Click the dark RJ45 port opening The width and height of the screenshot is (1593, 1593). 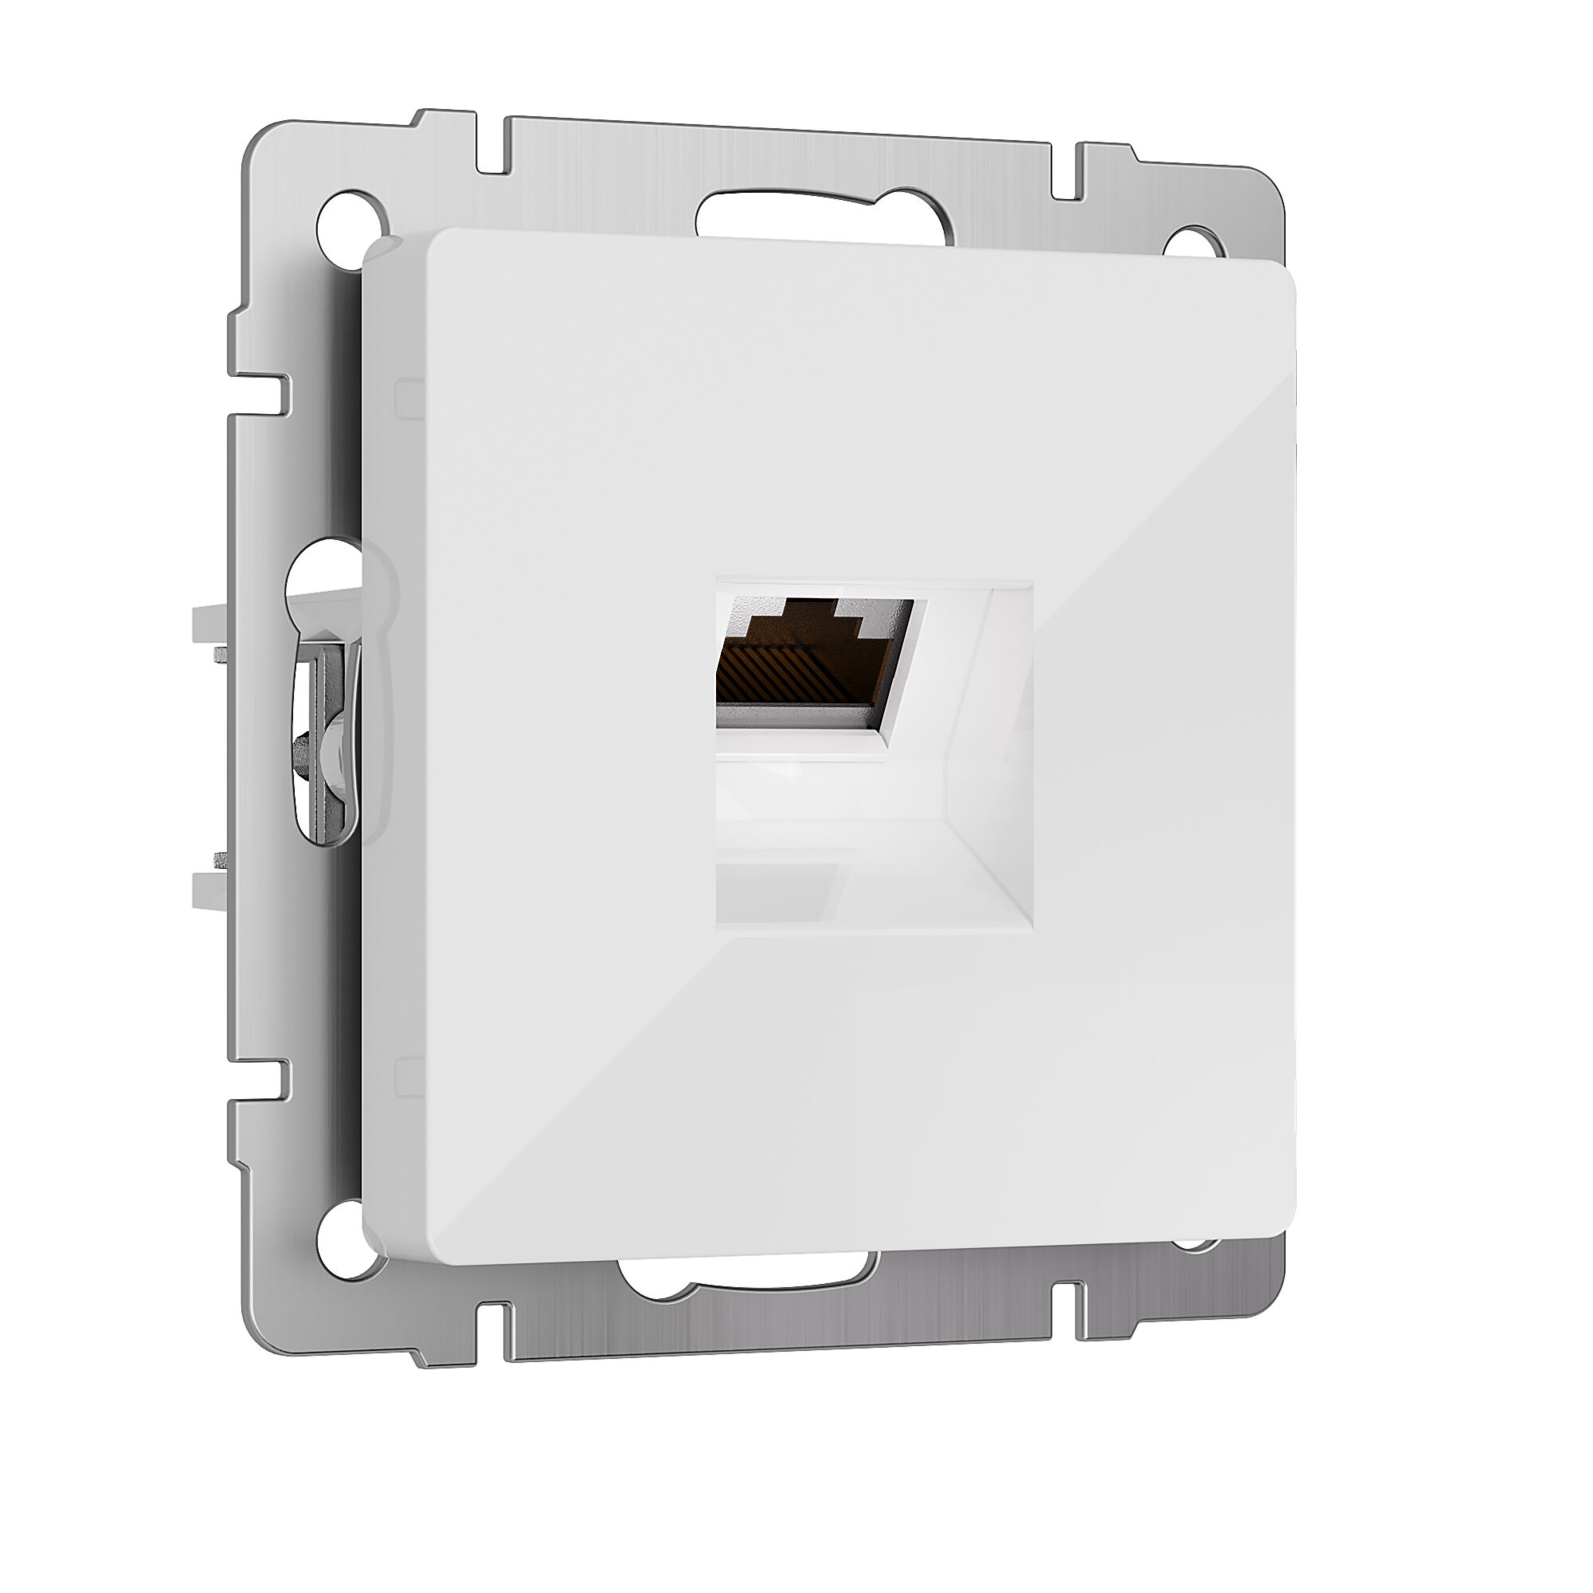tap(812, 660)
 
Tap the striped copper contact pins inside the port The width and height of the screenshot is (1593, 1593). tap(792, 675)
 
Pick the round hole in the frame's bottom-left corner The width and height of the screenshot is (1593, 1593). tap(340, 1243)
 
